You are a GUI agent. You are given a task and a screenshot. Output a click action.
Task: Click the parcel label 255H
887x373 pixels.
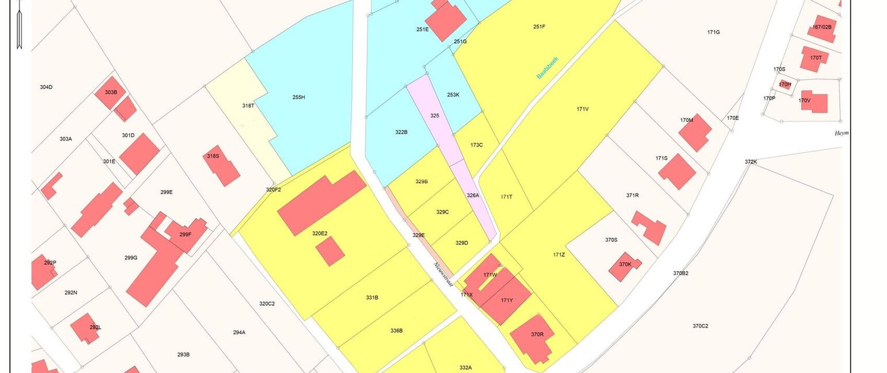click(x=298, y=97)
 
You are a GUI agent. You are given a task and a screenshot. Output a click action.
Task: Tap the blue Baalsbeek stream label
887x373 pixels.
click(x=548, y=67)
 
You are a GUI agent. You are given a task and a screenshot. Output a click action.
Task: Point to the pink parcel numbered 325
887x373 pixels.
click(x=434, y=116)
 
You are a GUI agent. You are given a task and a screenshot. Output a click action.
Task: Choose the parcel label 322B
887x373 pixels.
click(x=401, y=132)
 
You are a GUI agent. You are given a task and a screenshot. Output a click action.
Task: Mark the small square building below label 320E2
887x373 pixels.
click(x=330, y=252)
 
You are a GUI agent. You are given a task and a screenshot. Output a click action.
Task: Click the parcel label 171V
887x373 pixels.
click(x=582, y=109)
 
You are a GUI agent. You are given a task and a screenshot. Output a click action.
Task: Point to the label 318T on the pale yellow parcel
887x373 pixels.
click(x=248, y=105)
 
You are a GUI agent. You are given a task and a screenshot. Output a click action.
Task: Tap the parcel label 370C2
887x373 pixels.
click(x=700, y=326)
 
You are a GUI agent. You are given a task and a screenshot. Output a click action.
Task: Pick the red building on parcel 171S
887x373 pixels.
click(x=677, y=172)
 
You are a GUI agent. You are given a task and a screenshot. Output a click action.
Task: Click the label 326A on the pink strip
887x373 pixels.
click(x=473, y=195)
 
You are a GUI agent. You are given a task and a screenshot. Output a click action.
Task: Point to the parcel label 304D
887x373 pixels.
click(x=46, y=87)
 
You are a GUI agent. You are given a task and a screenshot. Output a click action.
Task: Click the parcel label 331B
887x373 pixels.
click(x=372, y=298)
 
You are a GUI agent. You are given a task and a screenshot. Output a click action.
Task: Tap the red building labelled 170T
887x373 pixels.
click(x=814, y=59)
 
